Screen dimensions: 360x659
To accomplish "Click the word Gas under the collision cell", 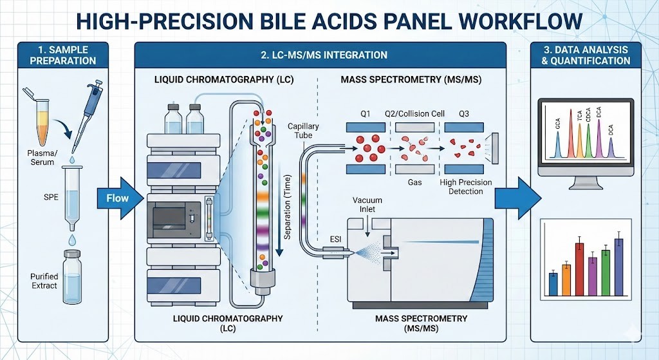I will pyautogui.click(x=415, y=182).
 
